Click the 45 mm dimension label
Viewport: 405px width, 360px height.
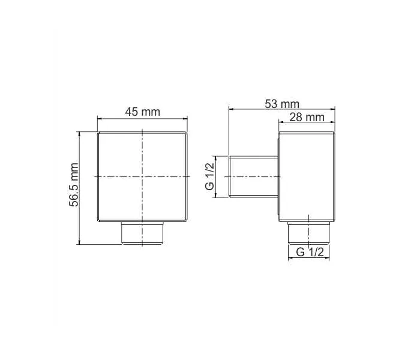pyautogui.click(x=142, y=112)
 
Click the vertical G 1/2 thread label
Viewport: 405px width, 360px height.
pyautogui.click(x=209, y=176)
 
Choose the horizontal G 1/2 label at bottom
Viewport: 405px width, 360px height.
pyautogui.click(x=310, y=253)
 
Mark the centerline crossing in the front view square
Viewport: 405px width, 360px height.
pyautogui.click(x=142, y=176)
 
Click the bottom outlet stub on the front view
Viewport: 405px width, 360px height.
pyautogui.click(x=142, y=233)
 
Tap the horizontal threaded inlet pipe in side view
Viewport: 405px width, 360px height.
pyautogui.click(x=254, y=176)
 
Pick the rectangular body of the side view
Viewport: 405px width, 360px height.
pyautogui.click(x=307, y=176)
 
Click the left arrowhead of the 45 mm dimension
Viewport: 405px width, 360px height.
pyautogui.click(x=100, y=119)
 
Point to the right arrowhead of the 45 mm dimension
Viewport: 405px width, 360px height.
pyautogui.click(x=185, y=119)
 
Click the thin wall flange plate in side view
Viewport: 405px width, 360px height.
pyautogui.click(x=279, y=176)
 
